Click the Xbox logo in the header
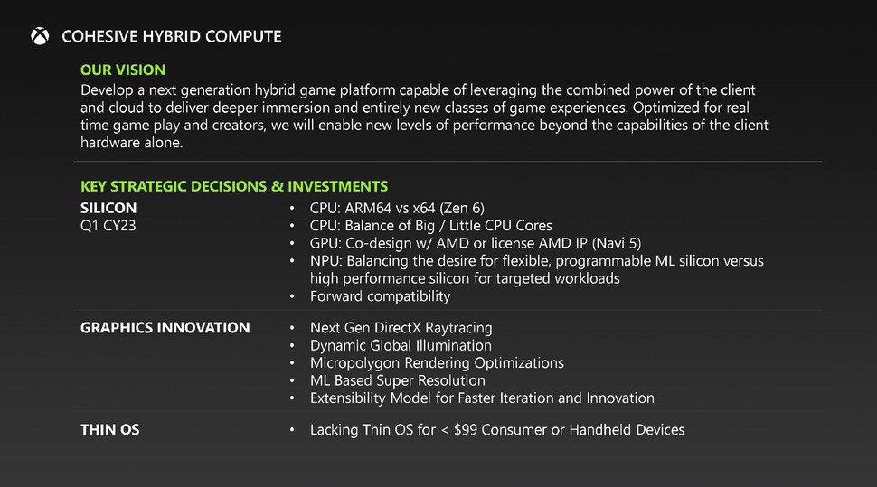39,36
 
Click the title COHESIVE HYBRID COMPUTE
171,37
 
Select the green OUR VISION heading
123,70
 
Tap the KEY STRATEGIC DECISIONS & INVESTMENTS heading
234,186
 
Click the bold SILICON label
108,208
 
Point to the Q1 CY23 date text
108,225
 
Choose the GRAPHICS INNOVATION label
165,328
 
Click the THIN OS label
110,430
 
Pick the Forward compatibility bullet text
380,295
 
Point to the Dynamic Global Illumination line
401,345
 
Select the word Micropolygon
353,362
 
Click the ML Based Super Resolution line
397,380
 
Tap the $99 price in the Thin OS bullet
461,430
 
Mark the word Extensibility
347,398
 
